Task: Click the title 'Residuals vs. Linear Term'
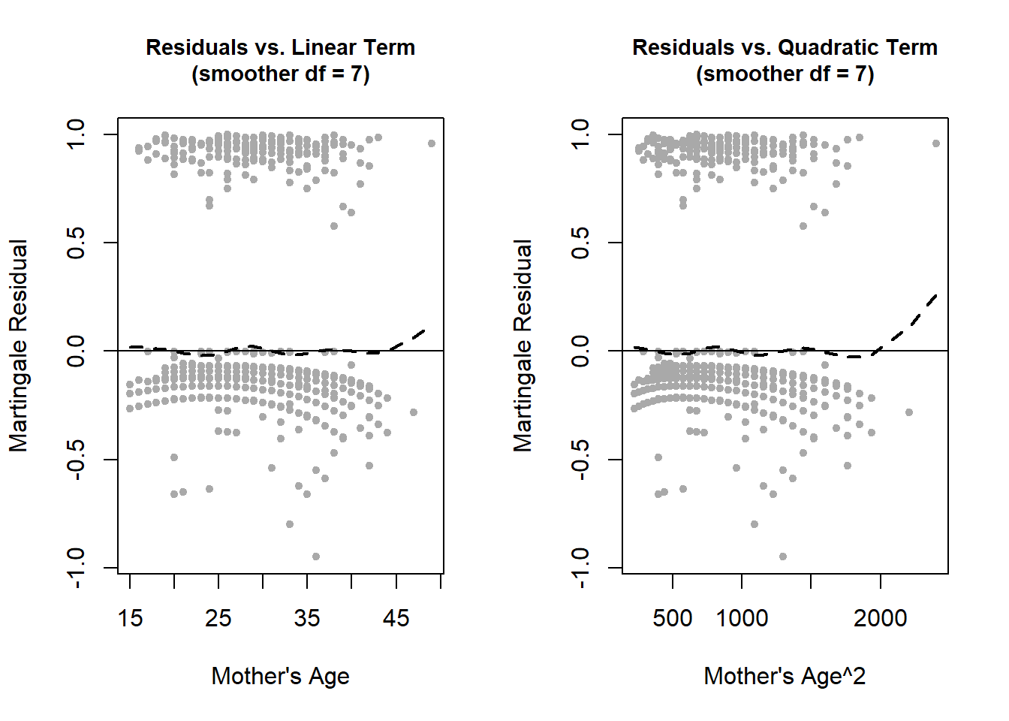[x=280, y=47]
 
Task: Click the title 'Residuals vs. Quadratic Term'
[x=785, y=47]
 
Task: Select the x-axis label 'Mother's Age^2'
[x=785, y=676]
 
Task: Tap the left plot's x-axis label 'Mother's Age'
[x=280, y=676]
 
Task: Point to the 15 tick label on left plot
[x=130, y=618]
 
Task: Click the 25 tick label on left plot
[x=218, y=618]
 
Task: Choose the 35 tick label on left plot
[x=307, y=618]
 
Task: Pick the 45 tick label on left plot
[x=396, y=618]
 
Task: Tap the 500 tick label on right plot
[x=673, y=618]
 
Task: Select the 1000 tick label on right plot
[x=742, y=618]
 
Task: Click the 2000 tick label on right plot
[x=880, y=618]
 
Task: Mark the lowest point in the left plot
[x=316, y=557]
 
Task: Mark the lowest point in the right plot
[x=783, y=557]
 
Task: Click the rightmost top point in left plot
[x=432, y=143]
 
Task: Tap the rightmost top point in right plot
[x=936, y=143]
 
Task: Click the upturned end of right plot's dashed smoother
[x=935, y=297]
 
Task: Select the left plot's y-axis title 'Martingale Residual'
[x=18, y=345]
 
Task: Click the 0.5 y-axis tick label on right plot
[x=580, y=243]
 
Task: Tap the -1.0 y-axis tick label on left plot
[x=76, y=567]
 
